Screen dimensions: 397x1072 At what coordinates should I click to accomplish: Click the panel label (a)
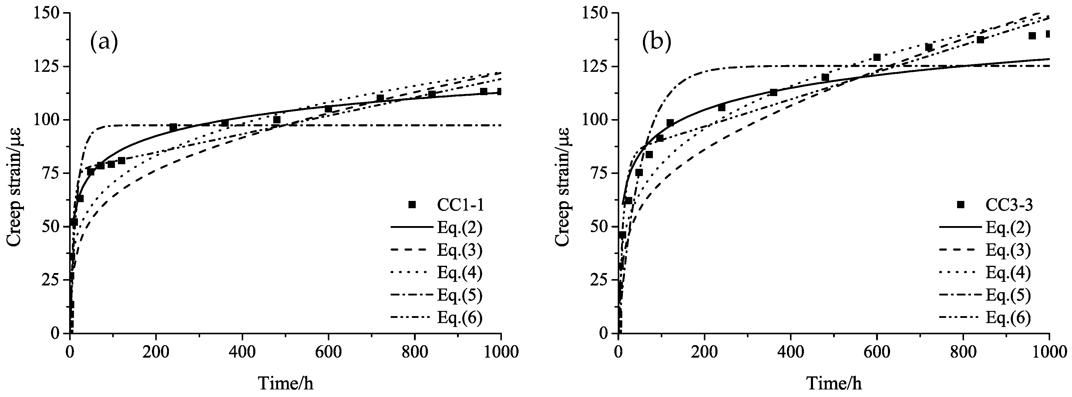tap(104, 42)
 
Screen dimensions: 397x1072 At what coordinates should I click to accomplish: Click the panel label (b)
tap(657, 42)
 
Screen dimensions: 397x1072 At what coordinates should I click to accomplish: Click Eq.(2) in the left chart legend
tap(459, 227)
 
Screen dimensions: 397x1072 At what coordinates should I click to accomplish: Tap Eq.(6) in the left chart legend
tap(459, 317)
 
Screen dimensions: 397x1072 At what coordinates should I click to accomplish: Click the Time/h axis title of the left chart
tap(286, 383)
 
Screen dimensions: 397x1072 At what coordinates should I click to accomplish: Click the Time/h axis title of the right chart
tap(834, 383)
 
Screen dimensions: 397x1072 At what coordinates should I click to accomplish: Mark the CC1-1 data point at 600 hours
tap(328, 109)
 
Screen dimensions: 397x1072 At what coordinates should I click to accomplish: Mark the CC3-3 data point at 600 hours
tap(877, 57)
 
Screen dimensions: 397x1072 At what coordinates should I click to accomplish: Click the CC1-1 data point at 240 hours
tap(173, 127)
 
